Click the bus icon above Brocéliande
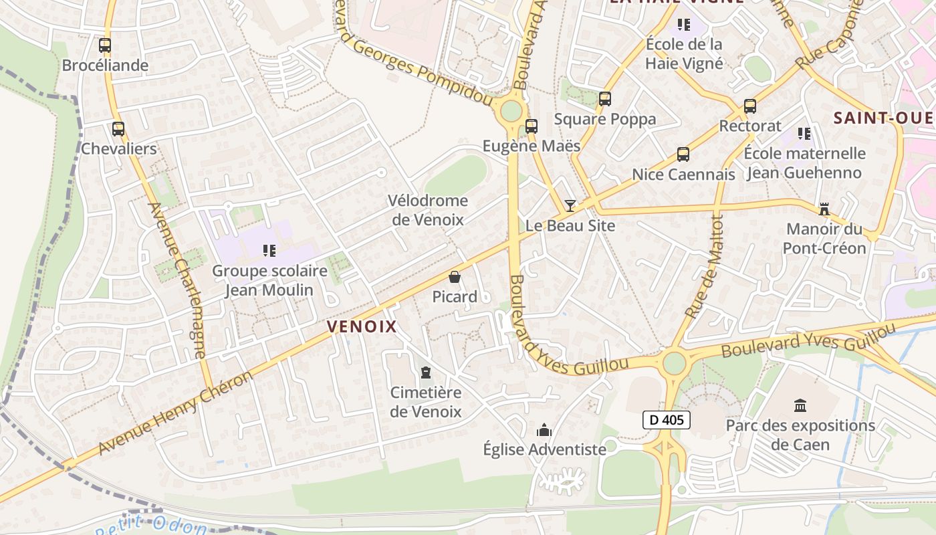pyautogui.click(x=105, y=45)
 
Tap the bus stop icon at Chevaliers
pyautogui.click(x=118, y=129)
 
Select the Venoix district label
pyautogui.click(x=362, y=326)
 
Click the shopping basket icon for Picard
pyautogui.click(x=455, y=277)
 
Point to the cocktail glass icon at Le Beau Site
pyautogui.click(x=570, y=205)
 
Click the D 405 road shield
pyautogui.click(x=666, y=420)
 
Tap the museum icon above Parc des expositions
pyautogui.click(x=800, y=405)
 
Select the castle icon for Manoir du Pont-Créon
pyautogui.click(x=824, y=209)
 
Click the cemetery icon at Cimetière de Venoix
pyautogui.click(x=426, y=372)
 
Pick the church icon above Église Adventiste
pyautogui.click(x=544, y=429)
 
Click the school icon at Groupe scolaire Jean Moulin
pyautogui.click(x=269, y=251)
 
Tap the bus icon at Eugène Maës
pyautogui.click(x=532, y=126)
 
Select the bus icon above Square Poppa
pyautogui.click(x=605, y=99)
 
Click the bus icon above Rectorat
pyautogui.click(x=750, y=106)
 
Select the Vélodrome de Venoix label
pyautogui.click(x=428, y=209)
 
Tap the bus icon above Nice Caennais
pyautogui.click(x=683, y=154)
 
